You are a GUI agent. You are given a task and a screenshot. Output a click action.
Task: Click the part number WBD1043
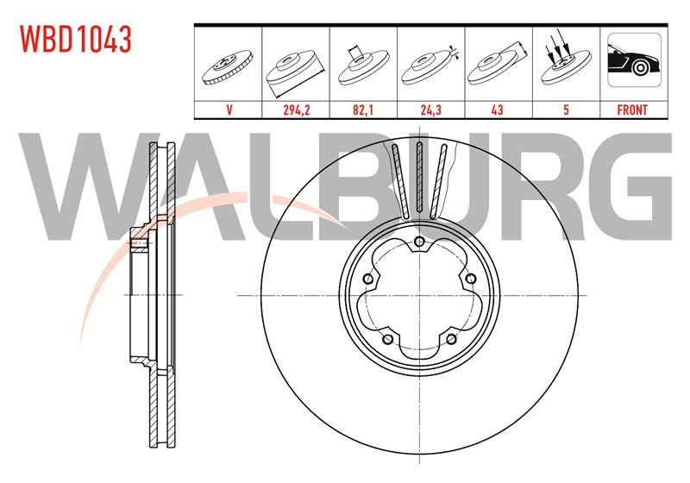[x=76, y=39]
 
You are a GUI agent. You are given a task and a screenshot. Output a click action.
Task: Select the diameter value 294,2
[x=296, y=110]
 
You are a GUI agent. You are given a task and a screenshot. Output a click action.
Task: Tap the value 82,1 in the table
[x=363, y=110]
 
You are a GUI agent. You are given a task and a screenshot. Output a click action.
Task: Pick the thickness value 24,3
[x=430, y=110]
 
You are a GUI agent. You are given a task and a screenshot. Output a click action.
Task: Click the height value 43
[x=498, y=110]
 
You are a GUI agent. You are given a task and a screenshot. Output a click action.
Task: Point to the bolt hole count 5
[x=566, y=110]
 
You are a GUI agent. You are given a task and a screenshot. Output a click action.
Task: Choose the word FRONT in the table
[x=632, y=110]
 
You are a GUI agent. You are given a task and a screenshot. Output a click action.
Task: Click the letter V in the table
[x=229, y=110]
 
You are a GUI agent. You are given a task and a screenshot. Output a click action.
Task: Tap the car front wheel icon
[x=634, y=60]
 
